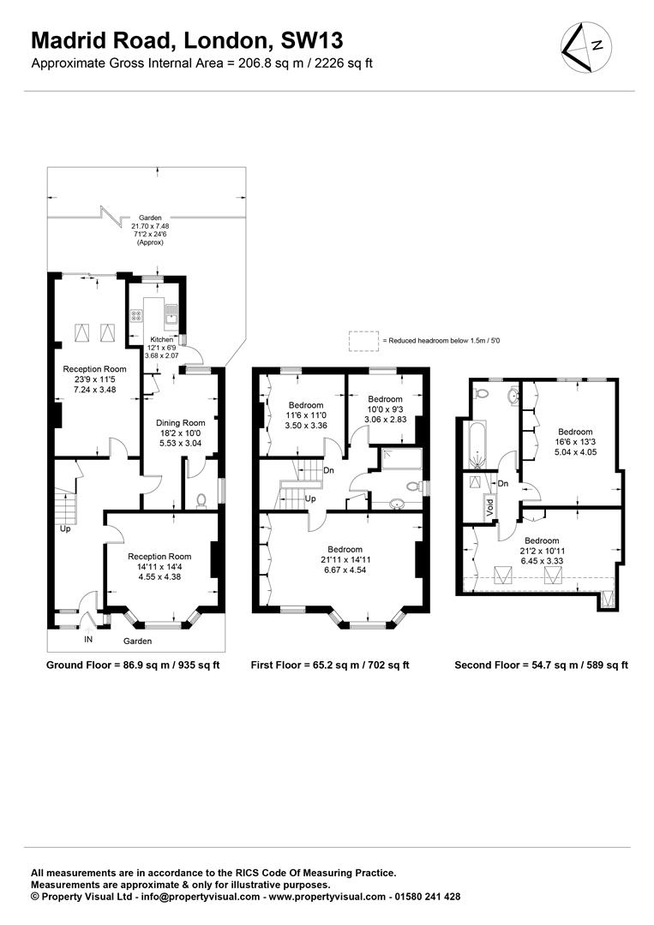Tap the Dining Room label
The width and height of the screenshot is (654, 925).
[x=180, y=422]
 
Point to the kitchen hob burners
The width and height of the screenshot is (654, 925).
[x=137, y=316]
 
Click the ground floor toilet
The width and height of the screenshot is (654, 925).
[x=201, y=500]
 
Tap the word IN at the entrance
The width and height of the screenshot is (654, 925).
[x=88, y=639]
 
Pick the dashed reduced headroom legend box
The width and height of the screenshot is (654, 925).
[x=363, y=340]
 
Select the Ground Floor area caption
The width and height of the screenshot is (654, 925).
[x=133, y=665]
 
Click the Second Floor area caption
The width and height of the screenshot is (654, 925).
[x=543, y=665]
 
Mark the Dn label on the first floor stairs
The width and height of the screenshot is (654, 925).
[x=329, y=469]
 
